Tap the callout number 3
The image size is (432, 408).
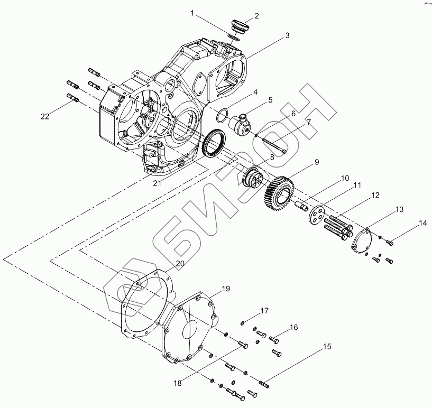pyautogui.click(x=287, y=35)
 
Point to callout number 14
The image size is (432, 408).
pyautogui.click(x=422, y=224)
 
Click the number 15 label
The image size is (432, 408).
pyautogui.click(x=327, y=347)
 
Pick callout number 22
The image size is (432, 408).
pyautogui.click(x=45, y=117)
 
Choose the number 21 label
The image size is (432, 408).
pyautogui.click(x=157, y=183)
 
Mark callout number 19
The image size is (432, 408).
pyautogui.click(x=226, y=289)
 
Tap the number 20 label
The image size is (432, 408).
pyautogui.click(x=180, y=263)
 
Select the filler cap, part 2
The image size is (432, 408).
pyautogui.click(x=241, y=27)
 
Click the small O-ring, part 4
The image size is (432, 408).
pyautogui.click(x=223, y=114)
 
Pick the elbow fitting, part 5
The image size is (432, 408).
pyautogui.click(x=241, y=125)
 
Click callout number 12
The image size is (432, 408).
pyautogui.click(x=374, y=196)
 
